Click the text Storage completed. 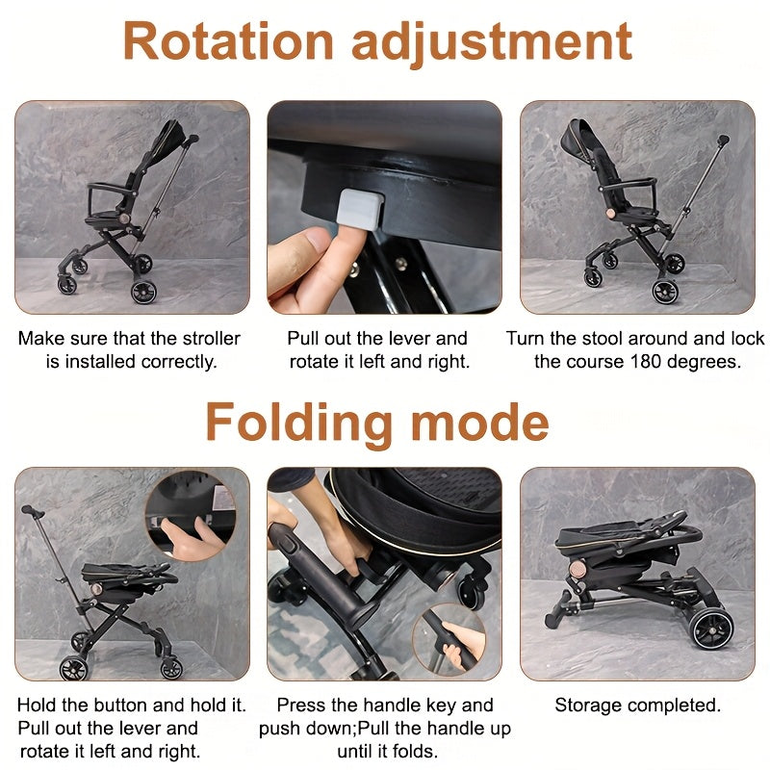pyautogui.click(x=637, y=706)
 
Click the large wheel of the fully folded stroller pyautogui.click(x=711, y=628)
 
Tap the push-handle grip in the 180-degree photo pyautogui.click(x=723, y=141)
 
